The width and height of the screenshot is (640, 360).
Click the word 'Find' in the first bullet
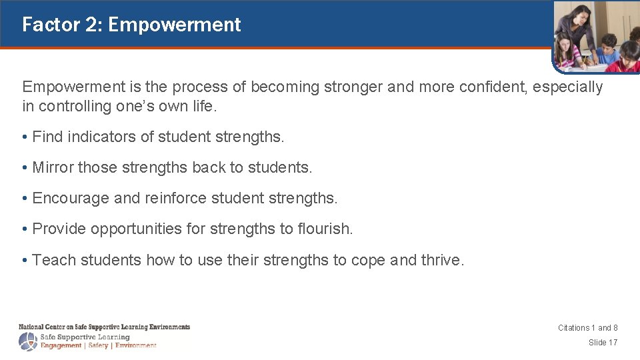click(46, 137)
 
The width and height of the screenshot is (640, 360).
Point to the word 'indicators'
click(99, 137)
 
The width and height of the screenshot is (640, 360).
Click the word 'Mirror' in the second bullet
click(53, 168)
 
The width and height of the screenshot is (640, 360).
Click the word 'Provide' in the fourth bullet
click(59, 229)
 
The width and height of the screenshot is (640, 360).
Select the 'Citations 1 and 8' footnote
click(587, 328)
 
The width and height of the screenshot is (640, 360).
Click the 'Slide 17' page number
click(603, 343)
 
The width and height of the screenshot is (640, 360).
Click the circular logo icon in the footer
click(28, 341)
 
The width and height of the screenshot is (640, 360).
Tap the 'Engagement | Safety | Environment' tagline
click(98, 345)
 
